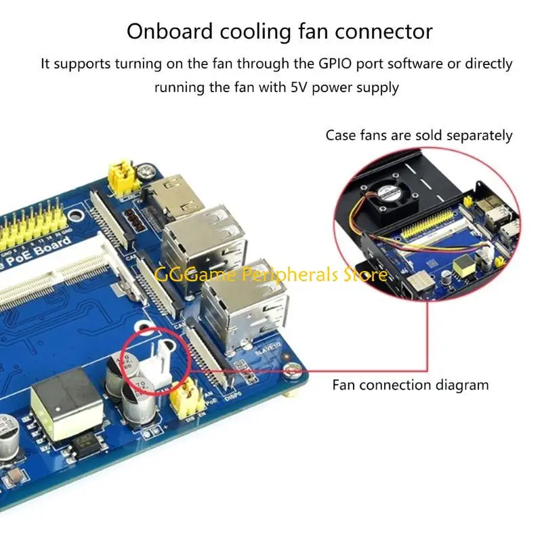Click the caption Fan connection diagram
(x=410, y=385)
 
